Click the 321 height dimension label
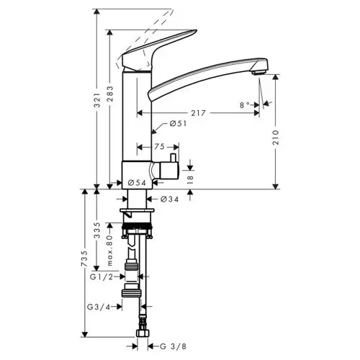pyautogui.click(x=96, y=99)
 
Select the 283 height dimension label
pyautogui.click(x=110, y=94)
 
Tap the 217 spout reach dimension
pyautogui.click(x=198, y=113)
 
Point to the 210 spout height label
pyautogui.click(x=276, y=137)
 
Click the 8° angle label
pyautogui.click(x=245, y=105)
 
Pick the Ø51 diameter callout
pyautogui.click(x=178, y=124)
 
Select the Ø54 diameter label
pyautogui.click(x=137, y=183)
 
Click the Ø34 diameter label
pyautogui.click(x=170, y=199)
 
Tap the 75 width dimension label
pyautogui.click(x=159, y=147)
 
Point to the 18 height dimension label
pyautogui.click(x=189, y=178)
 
